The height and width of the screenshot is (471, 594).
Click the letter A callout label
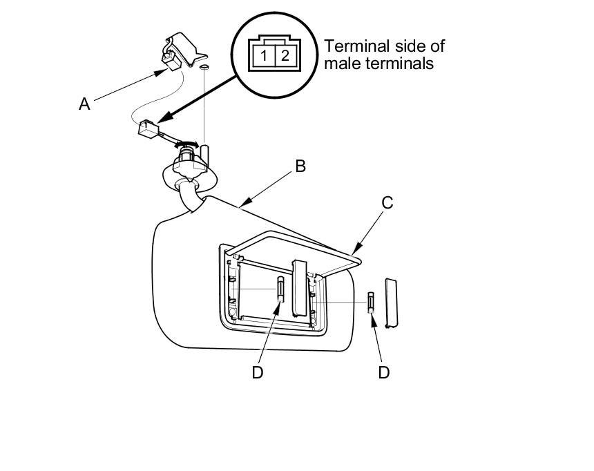click(x=84, y=104)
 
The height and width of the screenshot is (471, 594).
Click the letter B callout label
click(x=300, y=166)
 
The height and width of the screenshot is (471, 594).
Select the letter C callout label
click(x=387, y=202)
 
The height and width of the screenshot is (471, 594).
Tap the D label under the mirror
click(x=258, y=372)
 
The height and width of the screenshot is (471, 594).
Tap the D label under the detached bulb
click(x=384, y=372)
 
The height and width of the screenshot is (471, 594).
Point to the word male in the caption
click(x=339, y=64)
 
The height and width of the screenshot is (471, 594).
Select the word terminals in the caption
click(x=400, y=64)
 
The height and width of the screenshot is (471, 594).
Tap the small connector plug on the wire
click(x=148, y=129)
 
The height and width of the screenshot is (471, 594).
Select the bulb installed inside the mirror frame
click(x=281, y=287)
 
